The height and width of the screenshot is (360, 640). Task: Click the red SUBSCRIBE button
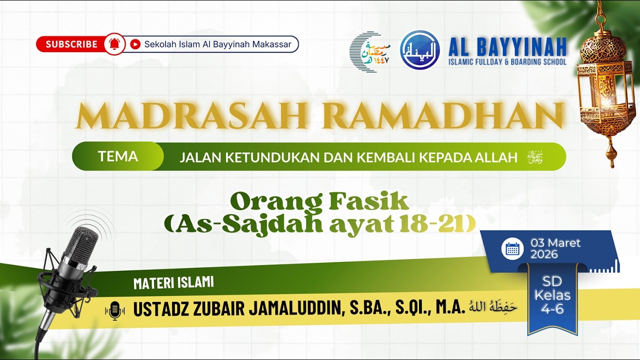(x=71, y=44)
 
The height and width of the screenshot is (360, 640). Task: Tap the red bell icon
(x=114, y=44)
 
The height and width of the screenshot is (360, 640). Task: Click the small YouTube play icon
(x=135, y=44)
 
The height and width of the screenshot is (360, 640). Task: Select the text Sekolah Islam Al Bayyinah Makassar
(x=217, y=44)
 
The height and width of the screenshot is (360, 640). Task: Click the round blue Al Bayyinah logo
(x=420, y=50)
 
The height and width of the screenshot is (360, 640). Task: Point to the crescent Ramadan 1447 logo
(x=369, y=51)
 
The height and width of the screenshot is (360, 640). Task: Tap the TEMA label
(x=118, y=156)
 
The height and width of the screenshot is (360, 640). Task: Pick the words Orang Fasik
(x=319, y=202)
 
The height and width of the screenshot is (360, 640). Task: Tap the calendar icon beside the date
(x=512, y=248)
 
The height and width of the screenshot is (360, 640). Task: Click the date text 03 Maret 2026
(x=555, y=248)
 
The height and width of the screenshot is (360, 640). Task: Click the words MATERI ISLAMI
(x=173, y=283)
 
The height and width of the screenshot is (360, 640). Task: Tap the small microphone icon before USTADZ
(x=115, y=310)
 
